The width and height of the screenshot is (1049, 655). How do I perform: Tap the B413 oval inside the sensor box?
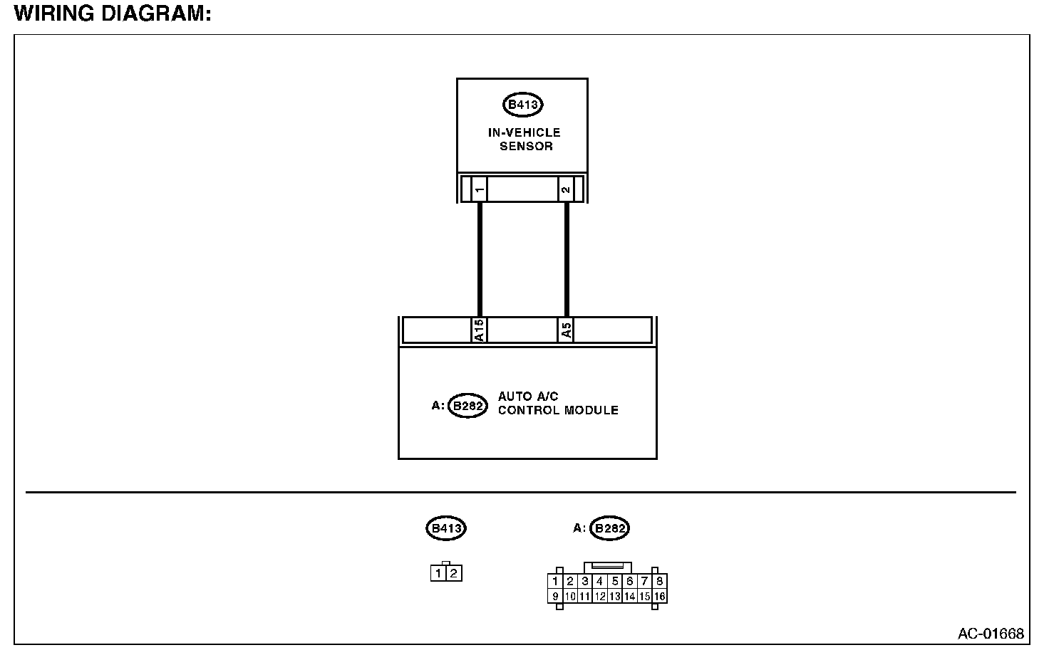coord(523,105)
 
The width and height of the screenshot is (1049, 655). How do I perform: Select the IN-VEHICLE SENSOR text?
coord(524,140)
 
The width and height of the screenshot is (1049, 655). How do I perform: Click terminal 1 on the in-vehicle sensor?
coord(480,189)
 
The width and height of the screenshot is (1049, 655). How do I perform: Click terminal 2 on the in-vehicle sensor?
coord(566,189)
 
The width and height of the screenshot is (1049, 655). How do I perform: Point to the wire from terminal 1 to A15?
coord(480,260)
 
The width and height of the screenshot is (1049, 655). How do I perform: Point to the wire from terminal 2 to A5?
coord(567,260)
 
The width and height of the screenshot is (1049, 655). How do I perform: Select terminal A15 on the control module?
coord(480,330)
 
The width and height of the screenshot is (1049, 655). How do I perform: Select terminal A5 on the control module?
coord(566,330)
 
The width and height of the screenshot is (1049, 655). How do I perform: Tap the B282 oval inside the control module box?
coord(467,407)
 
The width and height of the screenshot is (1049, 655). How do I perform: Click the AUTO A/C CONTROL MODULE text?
coord(557,403)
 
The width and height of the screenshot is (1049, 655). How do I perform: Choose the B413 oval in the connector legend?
coord(446,528)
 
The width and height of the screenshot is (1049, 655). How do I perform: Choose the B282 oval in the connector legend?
coord(610,528)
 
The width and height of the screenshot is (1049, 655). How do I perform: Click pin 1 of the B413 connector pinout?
coord(439,573)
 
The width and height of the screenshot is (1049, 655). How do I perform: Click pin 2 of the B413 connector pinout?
coord(454,573)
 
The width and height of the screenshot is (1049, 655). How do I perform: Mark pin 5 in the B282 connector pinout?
coord(615,582)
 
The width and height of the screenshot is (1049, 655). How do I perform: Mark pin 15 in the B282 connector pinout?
coord(645,597)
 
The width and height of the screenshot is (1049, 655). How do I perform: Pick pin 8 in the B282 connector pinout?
coord(660,582)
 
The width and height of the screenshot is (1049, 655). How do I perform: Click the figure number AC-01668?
coord(991,633)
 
